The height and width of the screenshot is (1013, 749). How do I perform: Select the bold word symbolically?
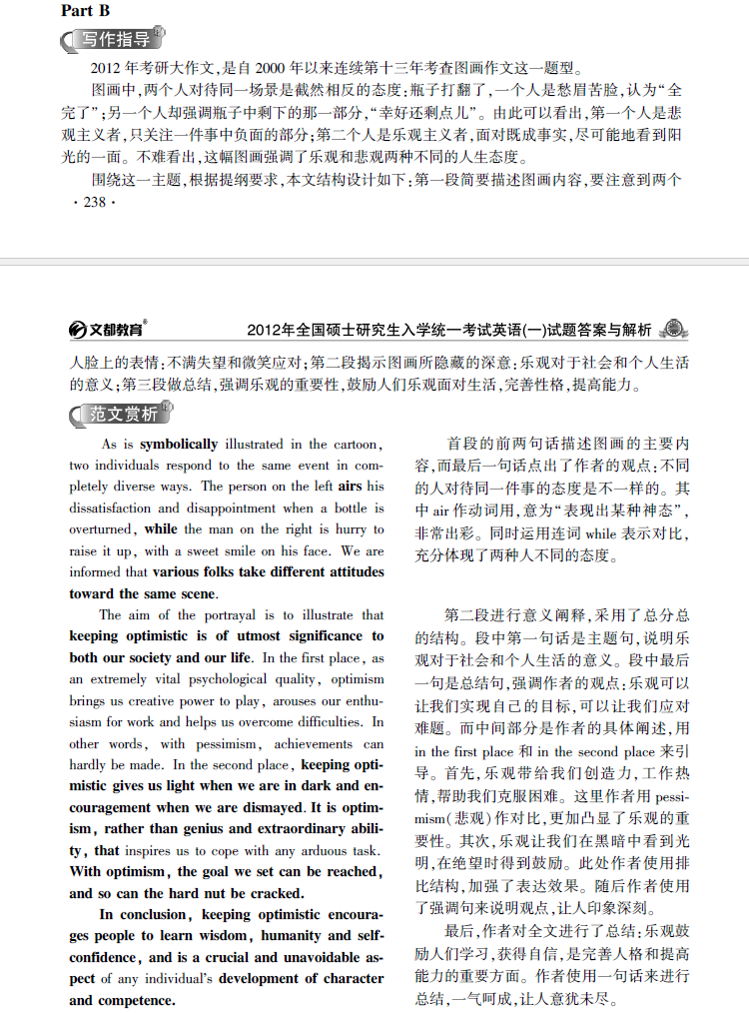[178, 444]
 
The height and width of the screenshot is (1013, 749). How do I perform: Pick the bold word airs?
[350, 487]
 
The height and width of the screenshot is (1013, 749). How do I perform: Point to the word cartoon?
[356, 444]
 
